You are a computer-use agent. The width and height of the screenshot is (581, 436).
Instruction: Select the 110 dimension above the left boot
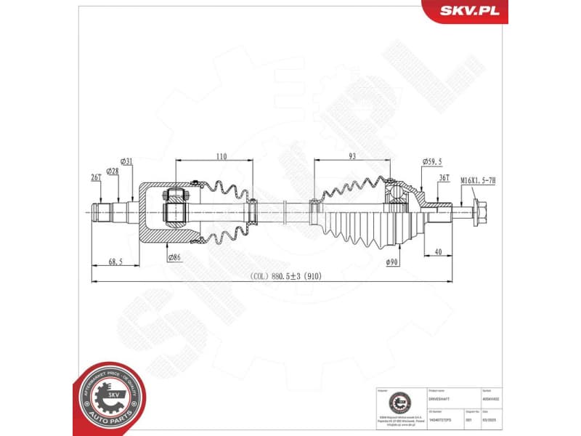222,156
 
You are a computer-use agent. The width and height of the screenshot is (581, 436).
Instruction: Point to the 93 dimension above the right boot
352,156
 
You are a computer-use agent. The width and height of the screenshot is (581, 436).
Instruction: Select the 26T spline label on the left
95,177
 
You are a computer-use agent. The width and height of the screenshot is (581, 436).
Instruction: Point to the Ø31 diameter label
126,161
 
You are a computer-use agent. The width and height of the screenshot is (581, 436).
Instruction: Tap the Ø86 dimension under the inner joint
174,257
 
